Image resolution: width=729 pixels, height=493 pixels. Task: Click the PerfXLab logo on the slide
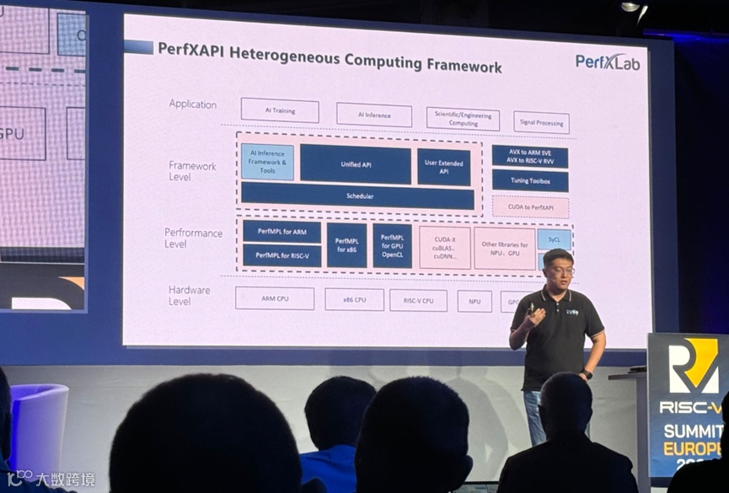pos(607,62)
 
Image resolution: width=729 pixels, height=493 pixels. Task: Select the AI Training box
pos(280,110)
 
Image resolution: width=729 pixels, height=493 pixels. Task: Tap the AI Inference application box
pos(373,115)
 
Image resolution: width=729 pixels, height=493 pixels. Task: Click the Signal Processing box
pos(541,122)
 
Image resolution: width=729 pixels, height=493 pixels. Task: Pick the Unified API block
pos(355,164)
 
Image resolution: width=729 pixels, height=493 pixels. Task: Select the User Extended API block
pos(443,167)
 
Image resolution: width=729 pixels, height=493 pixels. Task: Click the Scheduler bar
pos(357,196)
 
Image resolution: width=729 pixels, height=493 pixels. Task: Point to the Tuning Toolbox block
pos(529,181)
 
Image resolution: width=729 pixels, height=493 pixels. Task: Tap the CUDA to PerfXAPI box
pos(530,207)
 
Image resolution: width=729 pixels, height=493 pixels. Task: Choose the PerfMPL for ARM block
pos(281,232)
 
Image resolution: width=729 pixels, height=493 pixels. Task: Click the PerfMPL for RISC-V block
pos(281,255)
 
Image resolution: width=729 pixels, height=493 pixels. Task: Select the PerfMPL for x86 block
pos(346,245)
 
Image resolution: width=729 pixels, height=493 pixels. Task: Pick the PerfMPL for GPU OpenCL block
pos(392,245)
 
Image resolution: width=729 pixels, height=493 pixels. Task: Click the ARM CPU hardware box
pos(274,298)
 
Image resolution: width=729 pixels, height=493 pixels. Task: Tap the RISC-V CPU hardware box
pos(418,300)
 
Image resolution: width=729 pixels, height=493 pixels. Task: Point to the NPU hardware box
pos(474,301)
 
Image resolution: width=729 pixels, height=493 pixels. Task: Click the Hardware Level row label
pos(189,295)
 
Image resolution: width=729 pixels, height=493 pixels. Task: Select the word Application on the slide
pos(192,104)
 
